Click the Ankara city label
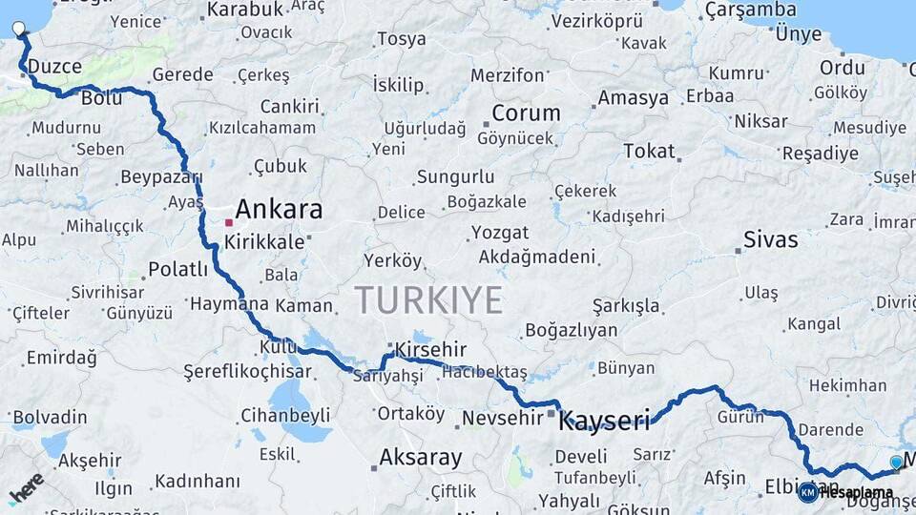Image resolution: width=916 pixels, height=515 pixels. coord(279,209)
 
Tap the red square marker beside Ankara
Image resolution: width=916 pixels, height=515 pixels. coord(229,222)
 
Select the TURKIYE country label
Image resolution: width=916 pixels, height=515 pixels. coord(428,299)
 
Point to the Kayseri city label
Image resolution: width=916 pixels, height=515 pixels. coord(604,420)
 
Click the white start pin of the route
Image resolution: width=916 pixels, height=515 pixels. coord(19,28)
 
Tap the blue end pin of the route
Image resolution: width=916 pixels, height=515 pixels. coord(896,462)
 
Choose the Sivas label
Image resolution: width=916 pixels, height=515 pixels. coord(770,239)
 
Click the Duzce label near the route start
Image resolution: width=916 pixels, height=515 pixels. coord(54,67)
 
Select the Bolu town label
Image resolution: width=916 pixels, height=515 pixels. coord(101,97)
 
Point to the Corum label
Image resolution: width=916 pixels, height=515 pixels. coord(526,113)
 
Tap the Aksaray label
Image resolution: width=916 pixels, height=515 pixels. coord(420,457)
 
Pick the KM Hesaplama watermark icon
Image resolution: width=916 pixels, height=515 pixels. coord(808,491)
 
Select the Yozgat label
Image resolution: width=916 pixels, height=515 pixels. coord(499,233)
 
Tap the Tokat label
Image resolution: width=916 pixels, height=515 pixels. coord(649,151)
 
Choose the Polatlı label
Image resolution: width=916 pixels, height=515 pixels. coord(177,270)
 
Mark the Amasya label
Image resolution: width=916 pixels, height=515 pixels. coord(634,98)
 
